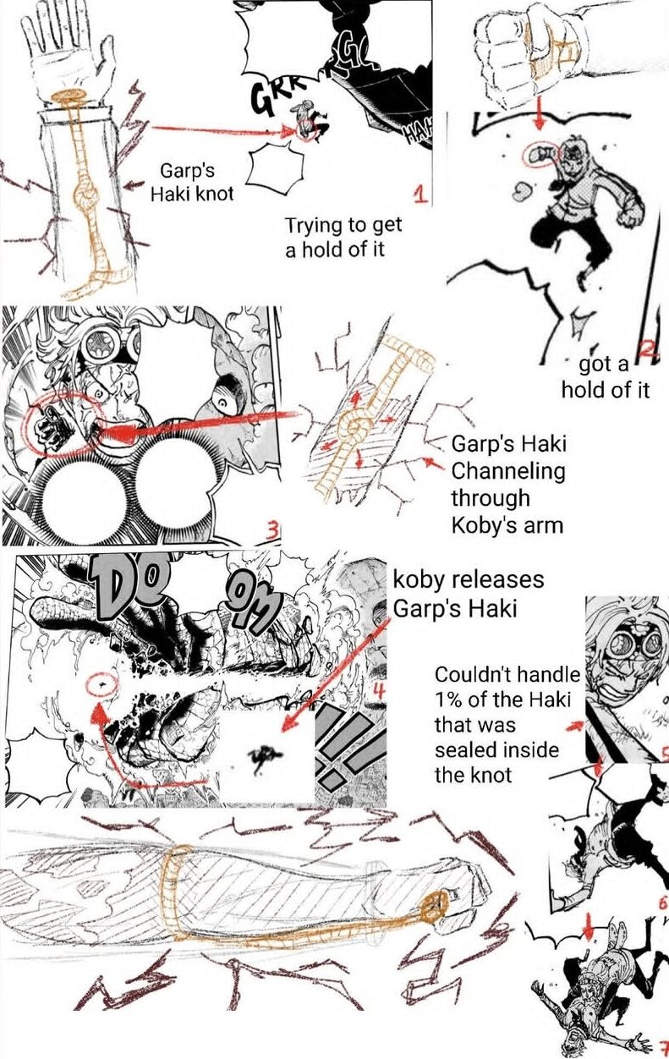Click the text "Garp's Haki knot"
[192, 182]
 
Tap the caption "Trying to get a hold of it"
[343, 237]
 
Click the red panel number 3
[273, 531]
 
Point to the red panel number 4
[377, 692]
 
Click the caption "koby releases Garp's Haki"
[469, 594]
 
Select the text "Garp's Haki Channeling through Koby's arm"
[508, 485]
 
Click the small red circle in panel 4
[102, 684]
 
